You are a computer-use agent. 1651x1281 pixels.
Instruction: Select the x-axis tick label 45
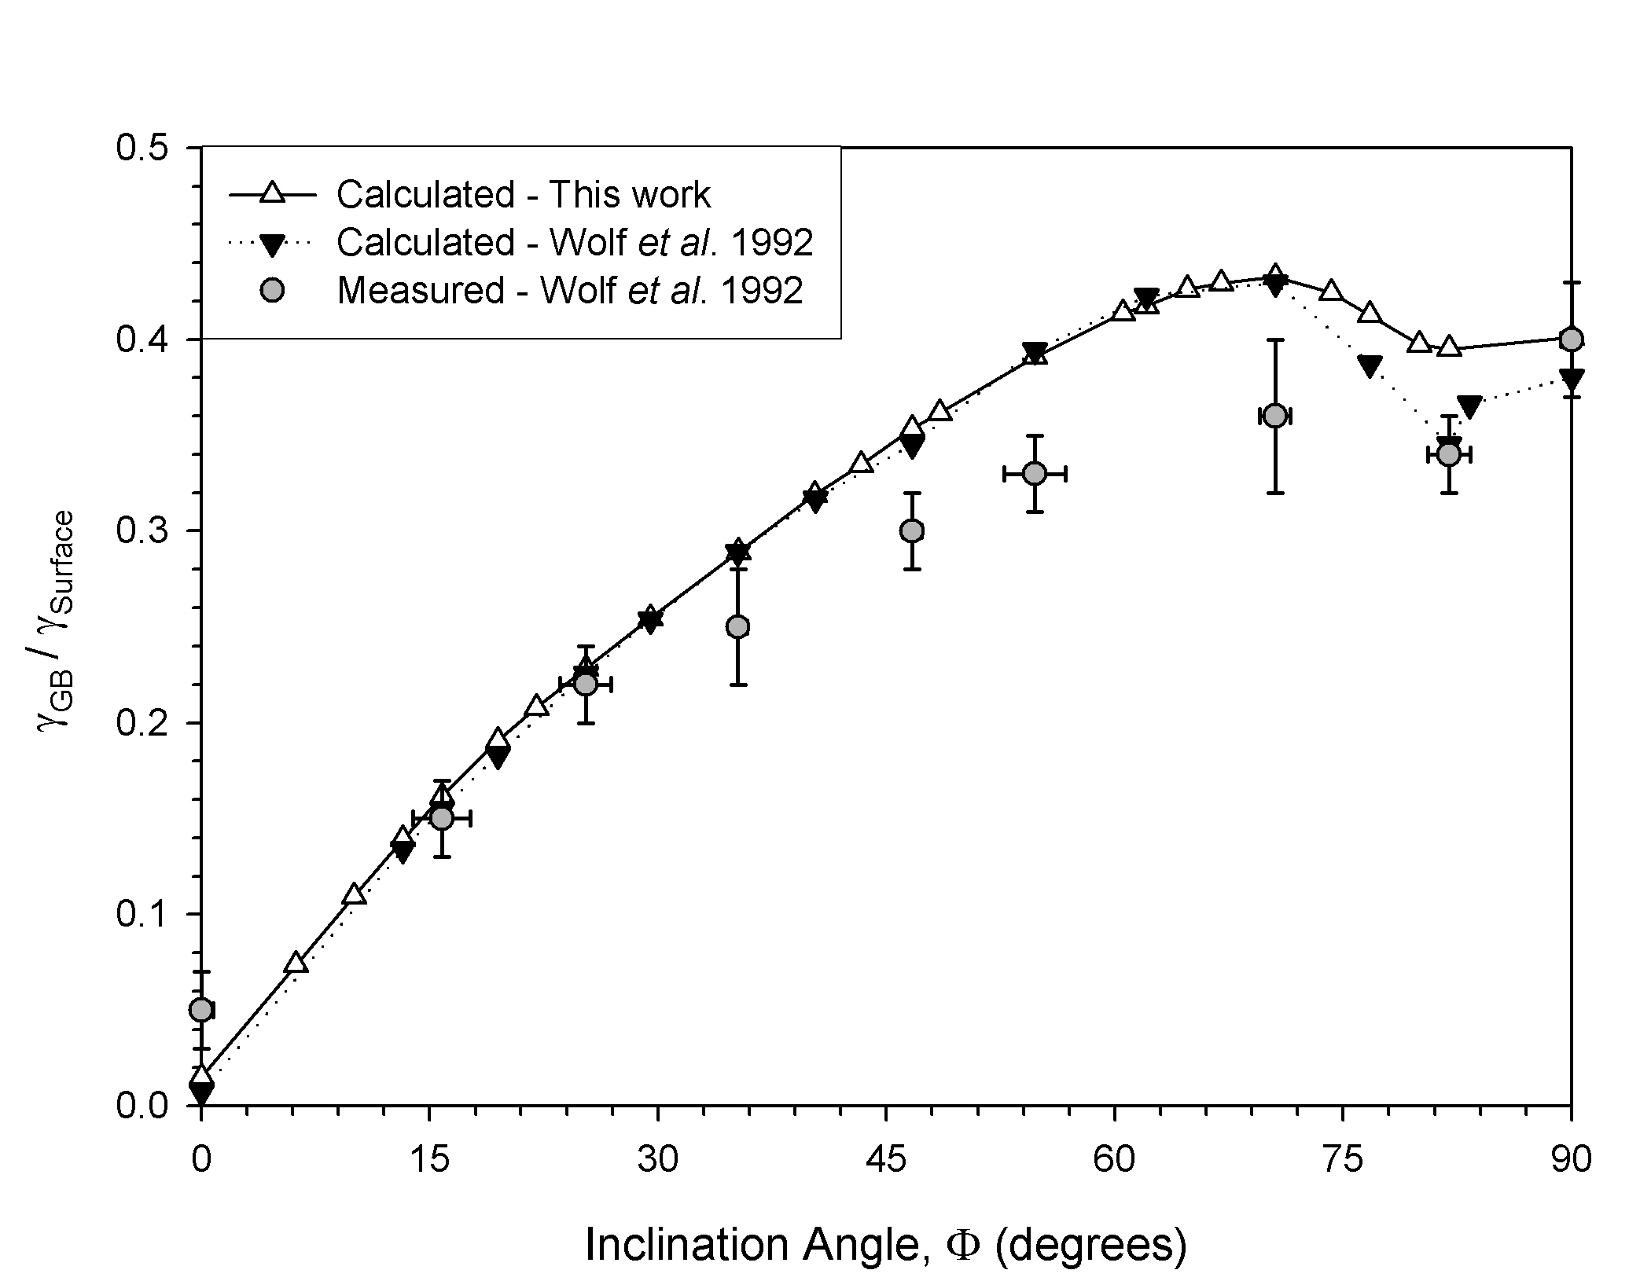click(886, 1160)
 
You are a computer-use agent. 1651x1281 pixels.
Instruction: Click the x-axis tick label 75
click(1342, 1160)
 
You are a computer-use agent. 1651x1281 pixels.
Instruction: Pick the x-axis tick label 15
click(429, 1160)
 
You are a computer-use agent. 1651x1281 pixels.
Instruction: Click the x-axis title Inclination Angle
click(885, 1246)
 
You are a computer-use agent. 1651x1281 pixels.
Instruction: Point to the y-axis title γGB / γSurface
click(57, 621)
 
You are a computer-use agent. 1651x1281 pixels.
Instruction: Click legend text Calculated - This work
click(524, 195)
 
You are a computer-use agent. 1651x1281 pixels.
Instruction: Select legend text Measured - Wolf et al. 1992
click(570, 291)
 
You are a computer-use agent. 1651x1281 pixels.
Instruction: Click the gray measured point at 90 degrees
click(1571, 340)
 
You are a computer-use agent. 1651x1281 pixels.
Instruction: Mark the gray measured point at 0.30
click(912, 531)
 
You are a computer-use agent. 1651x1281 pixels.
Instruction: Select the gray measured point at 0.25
click(737, 626)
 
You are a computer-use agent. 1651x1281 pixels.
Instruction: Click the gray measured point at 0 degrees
click(202, 1010)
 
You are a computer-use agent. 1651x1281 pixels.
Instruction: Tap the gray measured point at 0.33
click(1035, 473)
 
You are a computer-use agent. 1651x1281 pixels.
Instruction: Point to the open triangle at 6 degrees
click(296, 963)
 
